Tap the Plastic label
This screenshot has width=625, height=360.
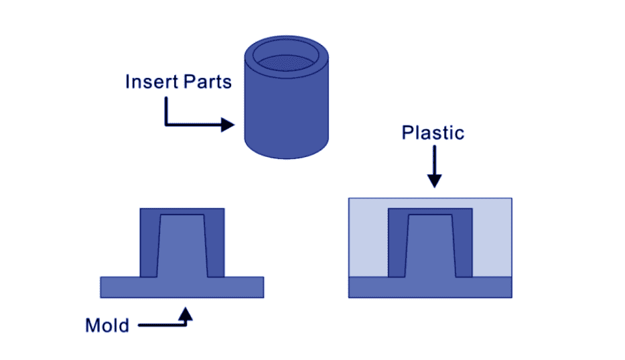coord(432,133)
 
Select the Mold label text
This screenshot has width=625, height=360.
coord(107,326)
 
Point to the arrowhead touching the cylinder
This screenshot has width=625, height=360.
coord(228,125)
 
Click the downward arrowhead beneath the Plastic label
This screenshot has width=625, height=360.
coord(434,180)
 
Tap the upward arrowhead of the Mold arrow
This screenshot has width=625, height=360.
coord(187,312)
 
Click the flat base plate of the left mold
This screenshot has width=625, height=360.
coord(182,287)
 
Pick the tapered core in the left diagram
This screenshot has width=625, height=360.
coord(182,248)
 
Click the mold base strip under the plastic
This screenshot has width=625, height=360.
coord(430,288)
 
